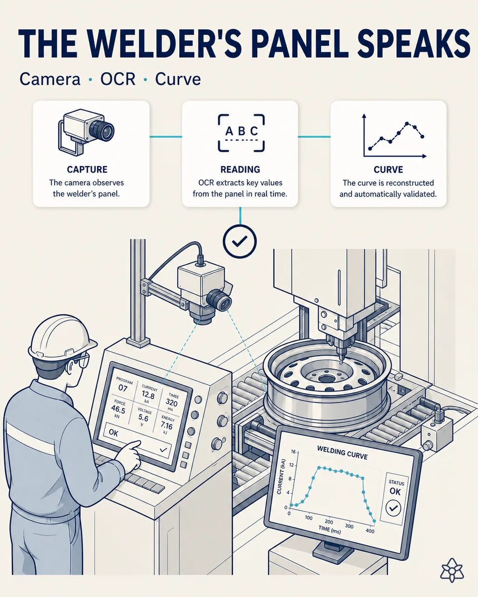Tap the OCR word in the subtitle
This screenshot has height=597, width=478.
click(118, 79)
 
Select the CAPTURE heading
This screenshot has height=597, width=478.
click(87, 170)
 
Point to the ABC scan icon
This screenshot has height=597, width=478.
click(241, 133)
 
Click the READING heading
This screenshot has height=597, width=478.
click(240, 170)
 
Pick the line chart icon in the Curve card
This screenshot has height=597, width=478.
click(394, 136)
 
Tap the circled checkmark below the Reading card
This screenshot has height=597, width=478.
click(239, 241)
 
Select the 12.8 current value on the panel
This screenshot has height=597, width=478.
click(148, 394)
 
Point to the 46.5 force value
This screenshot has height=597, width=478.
click(118, 408)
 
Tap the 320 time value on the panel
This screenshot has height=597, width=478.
click(172, 401)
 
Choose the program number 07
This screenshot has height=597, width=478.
click(122, 388)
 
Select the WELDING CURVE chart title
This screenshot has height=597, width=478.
click(342, 452)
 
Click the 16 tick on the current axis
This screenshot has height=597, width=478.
click(293, 452)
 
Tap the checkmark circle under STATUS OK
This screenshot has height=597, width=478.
click(393, 508)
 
